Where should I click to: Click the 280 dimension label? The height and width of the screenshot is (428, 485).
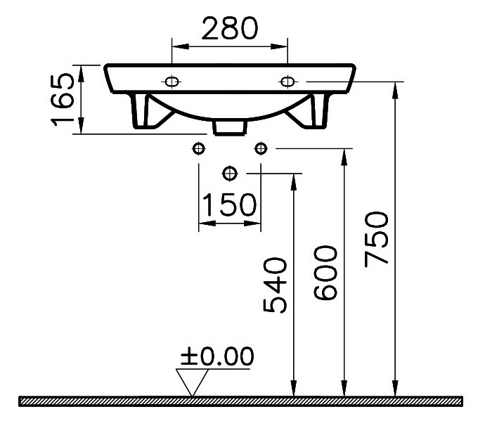click(x=230, y=28)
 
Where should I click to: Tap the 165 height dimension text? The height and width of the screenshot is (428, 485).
click(x=63, y=100)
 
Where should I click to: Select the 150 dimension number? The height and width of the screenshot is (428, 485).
click(x=229, y=205)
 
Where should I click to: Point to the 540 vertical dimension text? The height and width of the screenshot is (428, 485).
click(x=275, y=285)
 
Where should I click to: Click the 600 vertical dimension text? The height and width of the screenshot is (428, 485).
click(x=325, y=273)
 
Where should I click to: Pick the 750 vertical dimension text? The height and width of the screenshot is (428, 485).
click(x=376, y=239)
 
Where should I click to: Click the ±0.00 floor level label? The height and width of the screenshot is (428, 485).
click(x=217, y=356)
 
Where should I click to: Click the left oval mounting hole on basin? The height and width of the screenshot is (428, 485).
click(x=172, y=82)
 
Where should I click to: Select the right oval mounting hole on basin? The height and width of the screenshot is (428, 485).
click(x=287, y=82)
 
